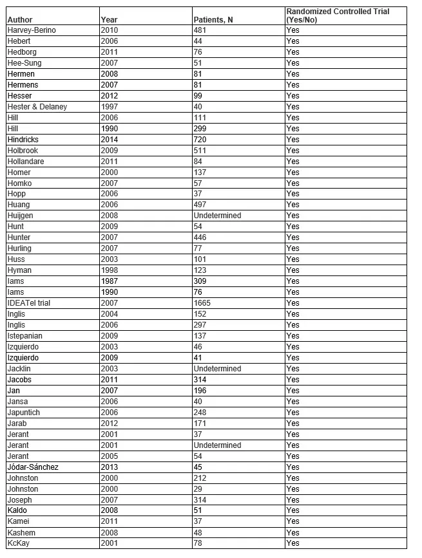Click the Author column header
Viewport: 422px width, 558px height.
[19, 20]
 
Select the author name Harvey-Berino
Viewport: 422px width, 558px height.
[31, 30]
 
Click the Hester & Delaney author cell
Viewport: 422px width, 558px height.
[37, 107]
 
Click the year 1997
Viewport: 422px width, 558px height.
[109, 107]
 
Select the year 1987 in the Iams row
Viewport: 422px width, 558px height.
[109, 281]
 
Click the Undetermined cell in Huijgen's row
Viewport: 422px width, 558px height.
[217, 216]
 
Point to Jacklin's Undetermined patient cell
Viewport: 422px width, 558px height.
[217, 369]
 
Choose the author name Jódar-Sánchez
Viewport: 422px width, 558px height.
[33, 467]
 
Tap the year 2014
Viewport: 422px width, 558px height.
[109, 140]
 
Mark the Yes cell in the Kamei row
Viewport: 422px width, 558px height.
[293, 521]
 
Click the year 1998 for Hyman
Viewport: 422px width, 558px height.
[109, 270]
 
